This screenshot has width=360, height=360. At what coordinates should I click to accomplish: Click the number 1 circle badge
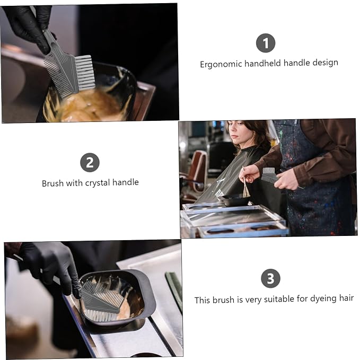pyautogui.click(x=266, y=43)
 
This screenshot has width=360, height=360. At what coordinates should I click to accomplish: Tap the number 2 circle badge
pyautogui.click(x=90, y=162)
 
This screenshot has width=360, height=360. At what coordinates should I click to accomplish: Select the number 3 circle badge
pyautogui.click(x=270, y=278)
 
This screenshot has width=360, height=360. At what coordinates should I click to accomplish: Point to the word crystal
pyautogui.click(x=98, y=183)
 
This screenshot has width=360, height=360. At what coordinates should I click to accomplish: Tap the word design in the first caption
pyautogui.click(x=325, y=63)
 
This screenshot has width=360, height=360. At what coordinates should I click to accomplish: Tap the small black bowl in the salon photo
pyautogui.click(x=235, y=200)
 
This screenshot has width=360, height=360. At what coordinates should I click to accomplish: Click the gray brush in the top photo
pyautogui.click(x=69, y=69)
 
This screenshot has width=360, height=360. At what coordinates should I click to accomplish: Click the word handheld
pyautogui.click(x=262, y=63)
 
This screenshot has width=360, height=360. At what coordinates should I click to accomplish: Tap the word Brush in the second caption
pyautogui.click(x=52, y=183)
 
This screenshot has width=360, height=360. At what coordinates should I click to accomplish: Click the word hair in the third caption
pyautogui.click(x=346, y=298)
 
